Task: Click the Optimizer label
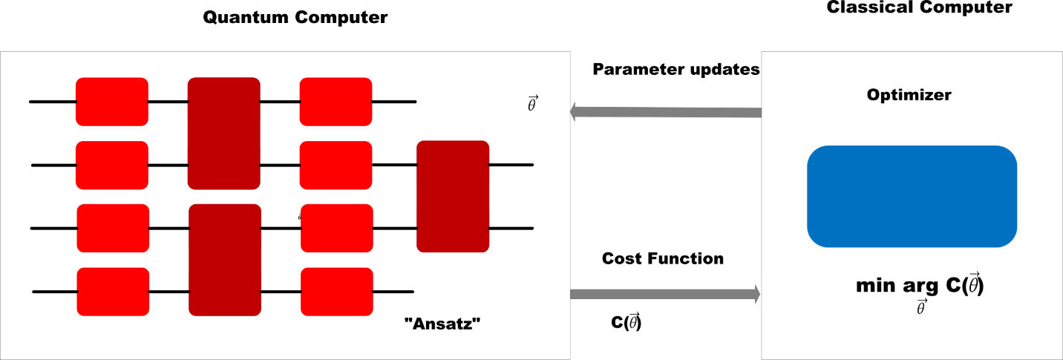909,95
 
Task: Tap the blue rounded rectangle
912,197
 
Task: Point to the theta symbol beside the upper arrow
532,104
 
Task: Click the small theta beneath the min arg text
921,308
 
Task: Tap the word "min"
879,287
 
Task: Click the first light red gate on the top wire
112,102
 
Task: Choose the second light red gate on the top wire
336,102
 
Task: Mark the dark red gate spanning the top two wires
223,134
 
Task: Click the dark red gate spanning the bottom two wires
225,260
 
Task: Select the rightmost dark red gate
453,197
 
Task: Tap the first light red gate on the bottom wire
113,292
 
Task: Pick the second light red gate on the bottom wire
336,292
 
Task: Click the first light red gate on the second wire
112,165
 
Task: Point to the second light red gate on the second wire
336,165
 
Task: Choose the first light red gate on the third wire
113,228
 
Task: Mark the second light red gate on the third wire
336,228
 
